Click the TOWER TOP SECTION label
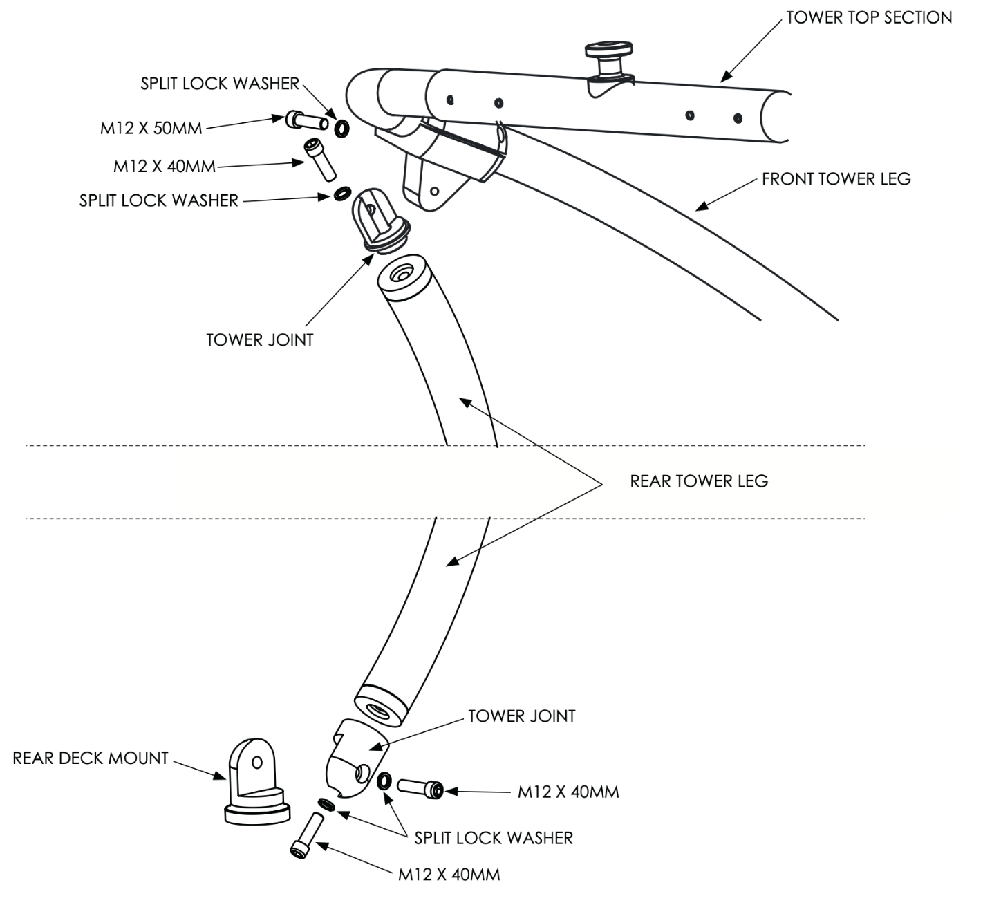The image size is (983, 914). [x=868, y=17]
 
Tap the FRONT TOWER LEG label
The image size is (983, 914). [x=836, y=179]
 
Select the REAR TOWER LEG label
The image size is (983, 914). [x=698, y=481]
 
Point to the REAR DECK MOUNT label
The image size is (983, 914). [x=91, y=758]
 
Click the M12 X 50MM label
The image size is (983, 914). [x=151, y=128]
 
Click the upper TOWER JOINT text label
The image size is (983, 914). [x=260, y=340]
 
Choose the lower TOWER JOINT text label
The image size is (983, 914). [x=521, y=716]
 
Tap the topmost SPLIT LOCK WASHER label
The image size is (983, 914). [x=220, y=84]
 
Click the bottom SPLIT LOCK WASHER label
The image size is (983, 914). [x=494, y=838]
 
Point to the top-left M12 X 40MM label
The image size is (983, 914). [x=165, y=167]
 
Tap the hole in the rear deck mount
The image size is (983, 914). [x=257, y=763]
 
